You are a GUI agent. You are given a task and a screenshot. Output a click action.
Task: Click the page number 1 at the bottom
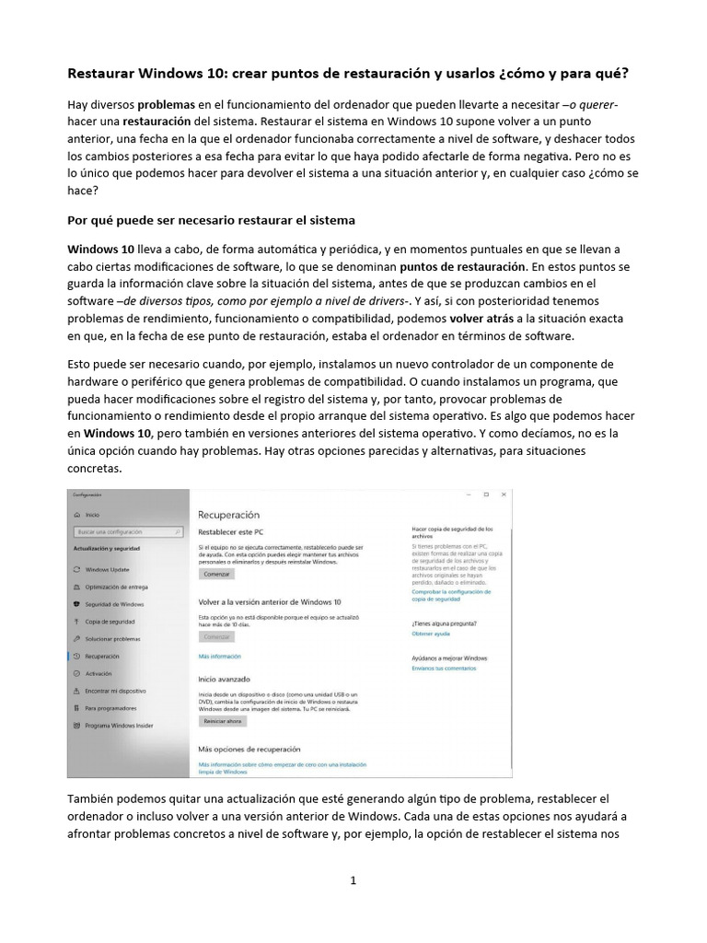pyautogui.click(x=353, y=880)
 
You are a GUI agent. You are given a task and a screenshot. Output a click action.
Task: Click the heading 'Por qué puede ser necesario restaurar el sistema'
pyautogui.click(x=212, y=221)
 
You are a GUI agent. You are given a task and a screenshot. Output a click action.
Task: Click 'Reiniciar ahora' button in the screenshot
pyautogui.click(x=222, y=722)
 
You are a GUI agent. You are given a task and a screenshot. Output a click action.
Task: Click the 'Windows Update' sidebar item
pyautogui.click(x=107, y=569)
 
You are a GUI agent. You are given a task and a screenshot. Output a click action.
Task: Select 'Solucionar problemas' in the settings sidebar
pyautogui.click(x=112, y=638)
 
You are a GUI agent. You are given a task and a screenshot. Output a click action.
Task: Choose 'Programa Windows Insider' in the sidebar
pyautogui.click(x=119, y=726)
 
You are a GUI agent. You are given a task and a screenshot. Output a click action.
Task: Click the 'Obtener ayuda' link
pyautogui.click(x=431, y=634)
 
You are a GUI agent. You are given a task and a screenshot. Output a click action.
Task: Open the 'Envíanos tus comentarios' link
pyautogui.click(x=444, y=668)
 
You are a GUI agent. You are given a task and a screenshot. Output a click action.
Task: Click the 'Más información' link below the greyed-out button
pyautogui.click(x=219, y=657)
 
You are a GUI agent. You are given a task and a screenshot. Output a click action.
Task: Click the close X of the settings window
pyautogui.click(x=504, y=495)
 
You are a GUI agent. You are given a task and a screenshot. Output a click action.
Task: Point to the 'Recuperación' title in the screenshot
pyautogui.click(x=229, y=515)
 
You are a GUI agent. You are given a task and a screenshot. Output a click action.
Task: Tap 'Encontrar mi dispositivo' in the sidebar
pyautogui.click(x=115, y=691)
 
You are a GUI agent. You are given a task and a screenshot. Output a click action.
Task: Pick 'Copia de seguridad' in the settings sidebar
pyautogui.click(x=110, y=622)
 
